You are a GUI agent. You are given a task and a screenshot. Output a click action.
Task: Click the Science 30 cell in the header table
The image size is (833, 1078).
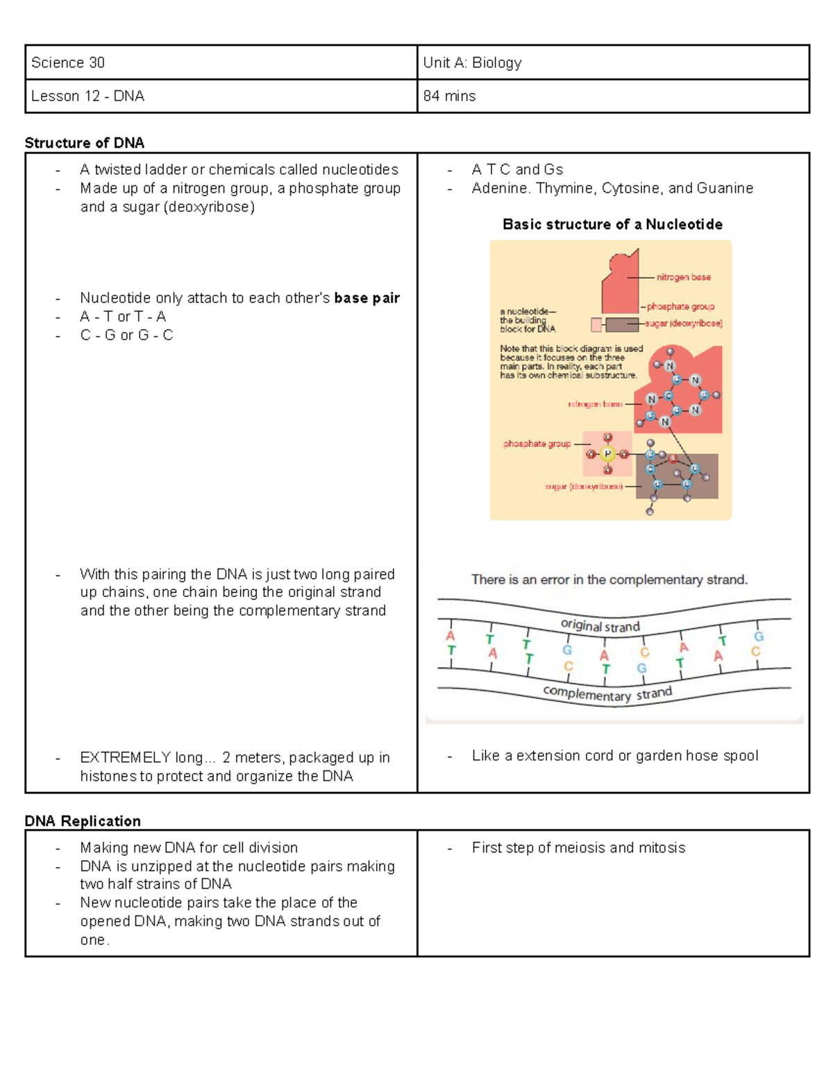[x=68, y=62]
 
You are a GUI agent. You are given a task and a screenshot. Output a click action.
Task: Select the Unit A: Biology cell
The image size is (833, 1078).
[x=472, y=62]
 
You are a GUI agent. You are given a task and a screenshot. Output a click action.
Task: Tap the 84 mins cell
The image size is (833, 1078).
[x=449, y=96]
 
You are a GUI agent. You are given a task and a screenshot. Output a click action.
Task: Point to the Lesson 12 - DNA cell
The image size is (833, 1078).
[x=87, y=96]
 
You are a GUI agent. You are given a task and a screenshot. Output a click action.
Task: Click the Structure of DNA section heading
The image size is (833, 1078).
[x=84, y=143]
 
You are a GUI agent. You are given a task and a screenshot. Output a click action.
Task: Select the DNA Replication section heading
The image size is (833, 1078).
[x=82, y=821]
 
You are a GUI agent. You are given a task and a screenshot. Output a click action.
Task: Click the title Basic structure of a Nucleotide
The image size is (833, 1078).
[x=612, y=224]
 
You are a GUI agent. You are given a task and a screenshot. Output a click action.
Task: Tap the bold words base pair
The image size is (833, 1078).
[x=367, y=298]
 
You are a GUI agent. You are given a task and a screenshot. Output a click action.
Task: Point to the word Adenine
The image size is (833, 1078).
[x=500, y=188]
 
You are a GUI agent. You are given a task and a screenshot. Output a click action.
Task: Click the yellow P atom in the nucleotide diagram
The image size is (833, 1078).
[x=607, y=454]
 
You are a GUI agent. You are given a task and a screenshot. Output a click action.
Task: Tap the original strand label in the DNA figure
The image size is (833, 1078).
[x=600, y=626]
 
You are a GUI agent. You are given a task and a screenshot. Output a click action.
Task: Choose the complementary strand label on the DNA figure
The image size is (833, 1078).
[x=607, y=693]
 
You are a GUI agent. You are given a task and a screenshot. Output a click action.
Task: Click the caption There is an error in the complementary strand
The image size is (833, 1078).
[x=609, y=580]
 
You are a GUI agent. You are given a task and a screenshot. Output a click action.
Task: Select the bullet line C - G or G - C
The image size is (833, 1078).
[x=126, y=335]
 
